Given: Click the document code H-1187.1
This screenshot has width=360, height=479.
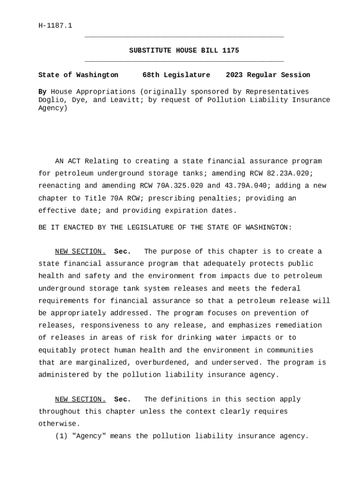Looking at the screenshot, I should (55, 25).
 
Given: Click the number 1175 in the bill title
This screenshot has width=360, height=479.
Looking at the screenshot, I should (230, 51).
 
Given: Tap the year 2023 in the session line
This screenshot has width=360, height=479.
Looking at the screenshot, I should (235, 75).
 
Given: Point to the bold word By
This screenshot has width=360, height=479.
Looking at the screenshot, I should (42, 92).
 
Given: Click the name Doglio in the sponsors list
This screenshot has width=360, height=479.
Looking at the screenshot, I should (50, 100).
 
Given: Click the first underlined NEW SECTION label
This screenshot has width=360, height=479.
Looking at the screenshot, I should (80, 252).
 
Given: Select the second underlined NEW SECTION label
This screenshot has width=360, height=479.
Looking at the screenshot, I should (80, 399).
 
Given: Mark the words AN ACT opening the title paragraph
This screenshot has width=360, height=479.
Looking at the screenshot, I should (68, 161).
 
